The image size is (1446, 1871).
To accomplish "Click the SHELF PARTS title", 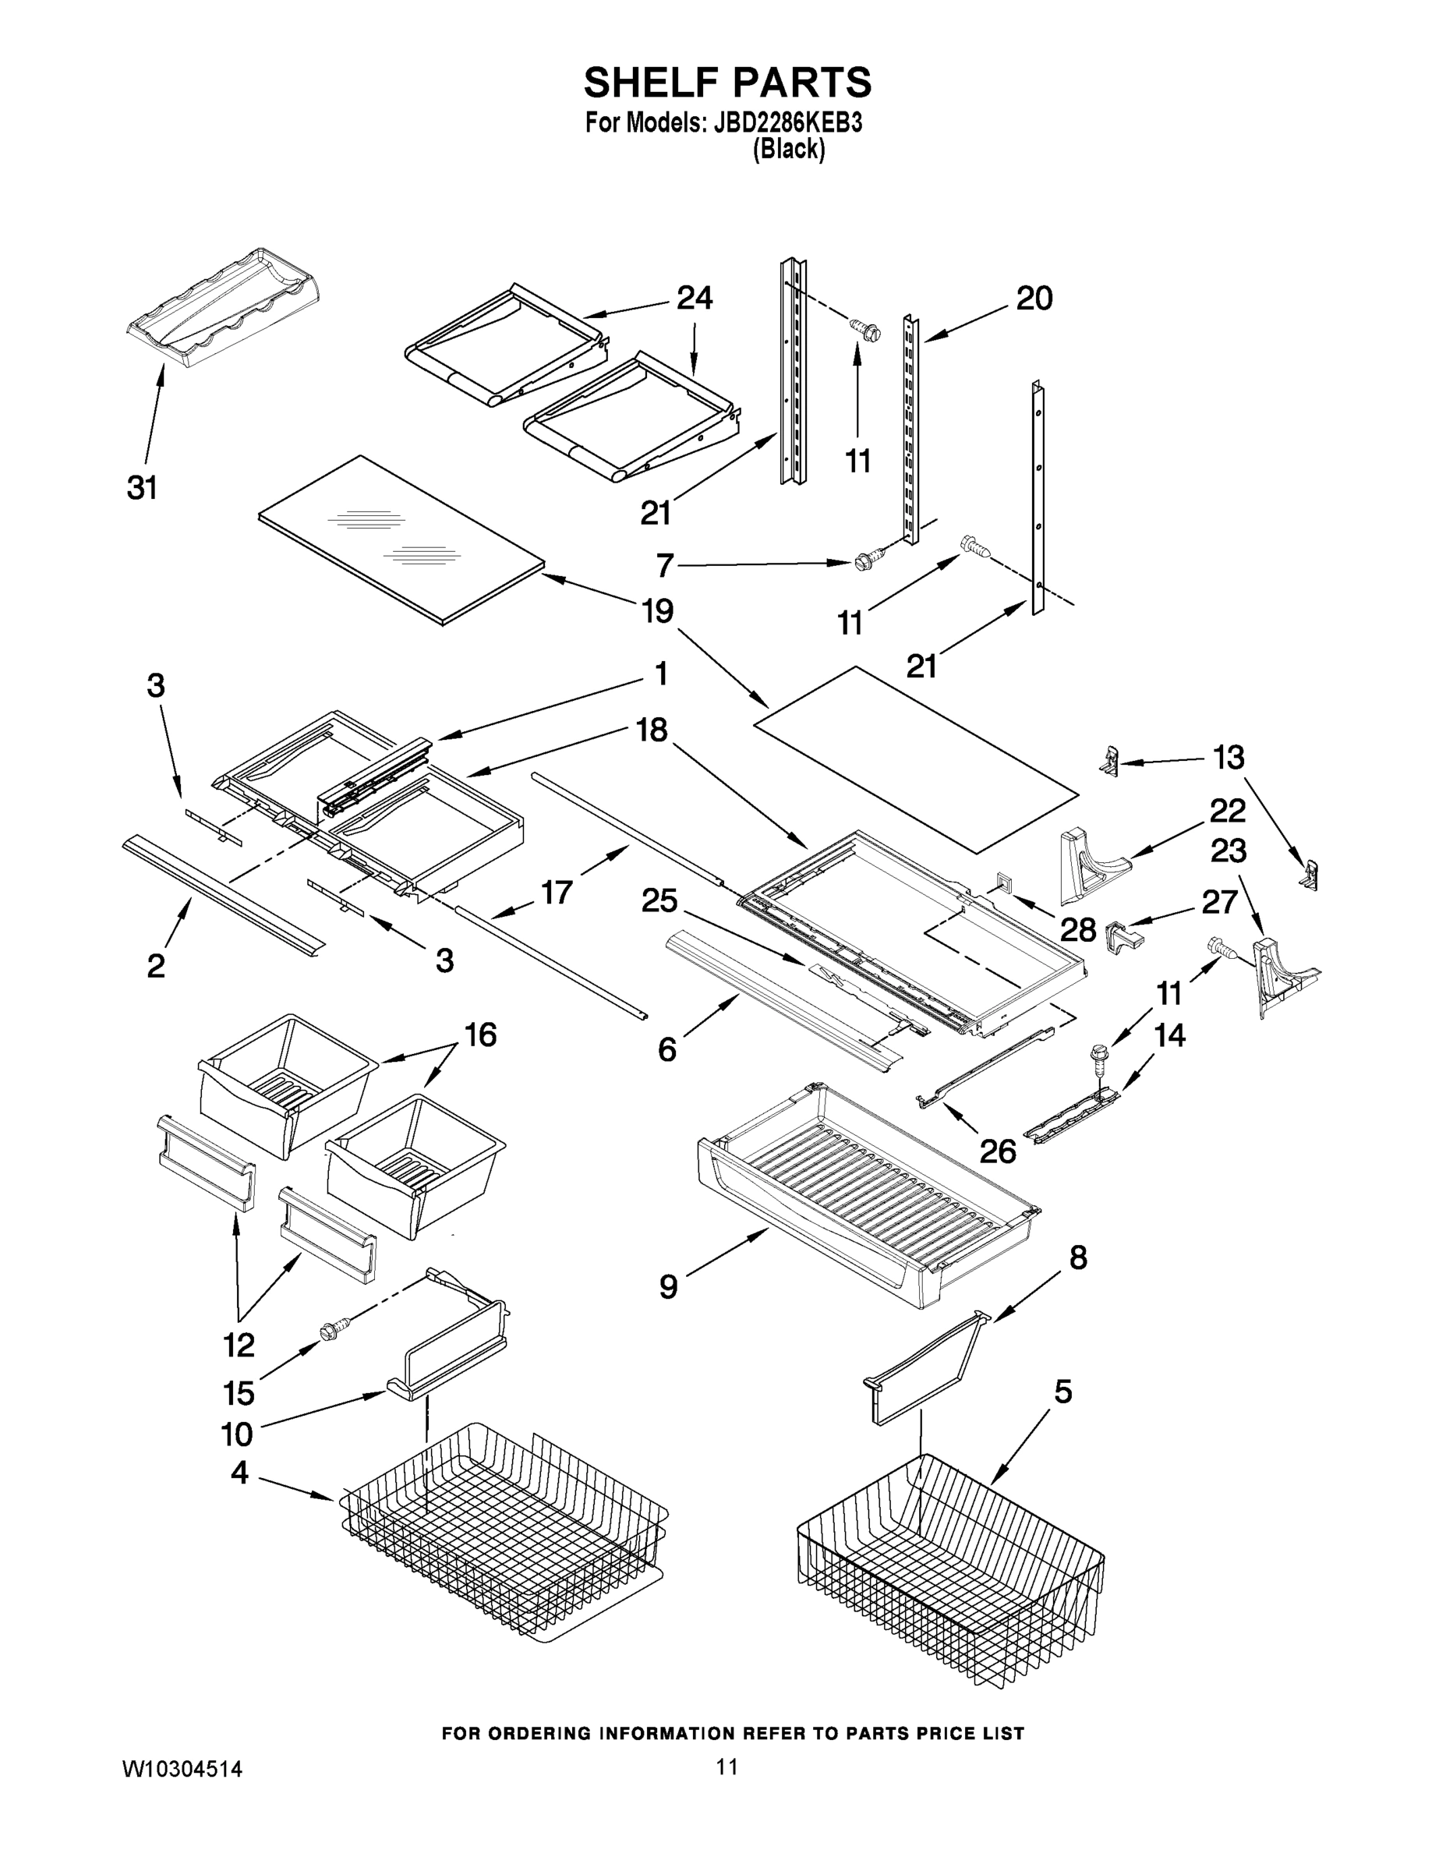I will tap(727, 83).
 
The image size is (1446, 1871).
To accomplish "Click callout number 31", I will tap(142, 488).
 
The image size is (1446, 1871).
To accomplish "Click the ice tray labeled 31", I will tap(225, 310).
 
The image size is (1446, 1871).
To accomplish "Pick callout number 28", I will tap(1077, 928).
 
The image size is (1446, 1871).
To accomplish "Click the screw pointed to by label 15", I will tap(328, 1332).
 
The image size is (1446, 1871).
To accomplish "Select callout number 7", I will tap(665, 565).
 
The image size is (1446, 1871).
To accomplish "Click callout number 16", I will tap(481, 1035).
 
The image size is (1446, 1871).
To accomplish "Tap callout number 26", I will tap(997, 1151).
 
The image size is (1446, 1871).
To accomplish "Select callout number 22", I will tap(1228, 809).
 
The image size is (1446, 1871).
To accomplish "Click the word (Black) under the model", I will tap(788, 149).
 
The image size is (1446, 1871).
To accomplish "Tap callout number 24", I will tap(694, 298).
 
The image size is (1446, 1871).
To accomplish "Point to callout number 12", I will tap(239, 1345).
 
